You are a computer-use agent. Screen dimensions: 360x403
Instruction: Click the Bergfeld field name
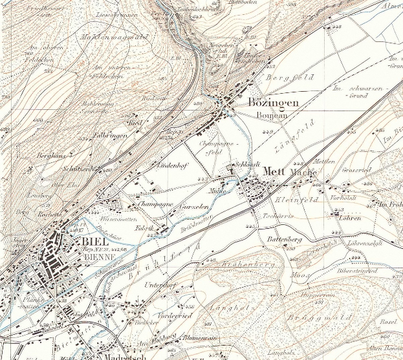point(289,79)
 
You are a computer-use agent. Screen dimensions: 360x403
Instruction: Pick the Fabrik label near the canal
point(143,229)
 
